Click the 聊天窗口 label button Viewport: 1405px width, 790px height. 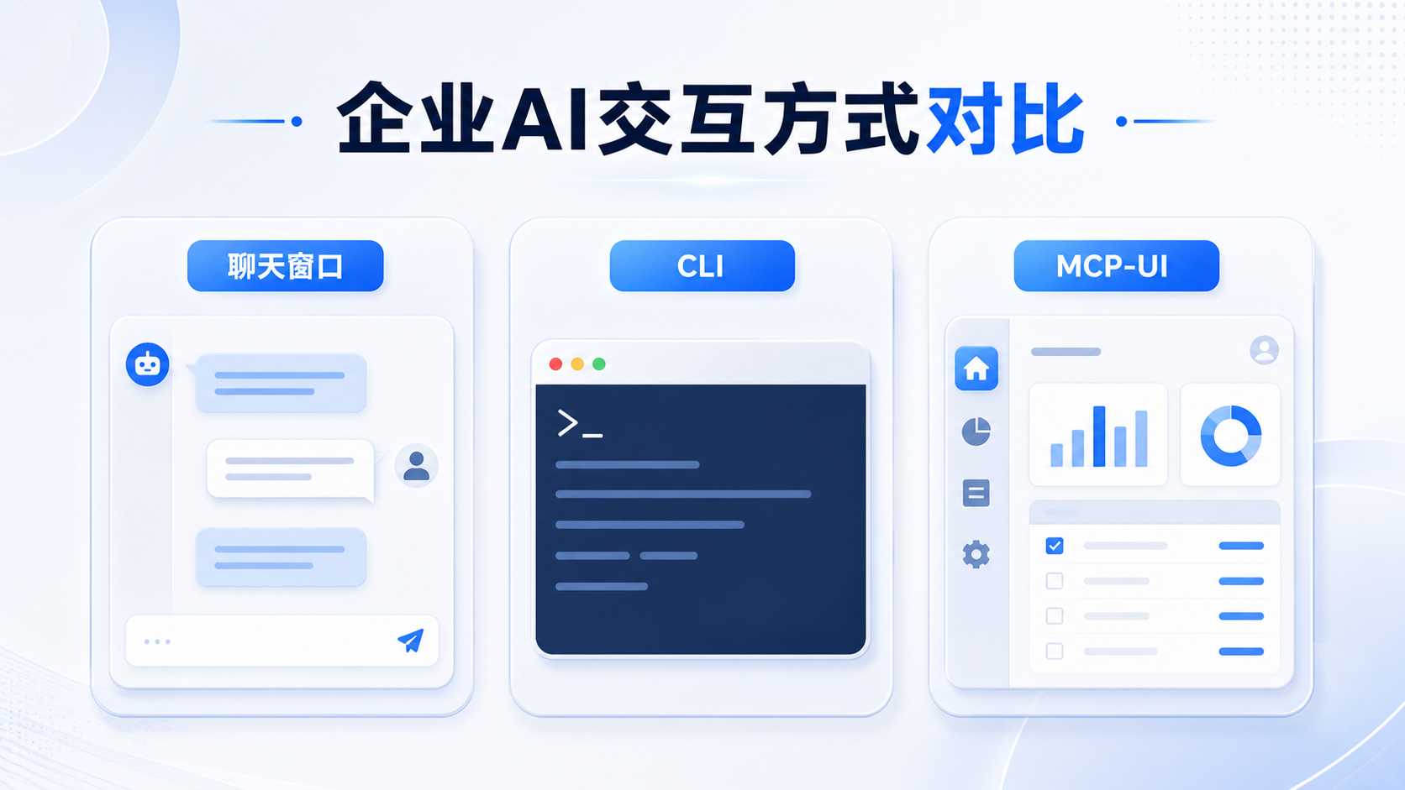pyautogui.click(x=286, y=265)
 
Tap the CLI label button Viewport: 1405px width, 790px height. pyautogui.click(x=702, y=265)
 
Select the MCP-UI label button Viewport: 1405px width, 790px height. pyautogui.click(x=1117, y=265)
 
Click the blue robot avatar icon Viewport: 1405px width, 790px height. pyautogui.click(x=147, y=364)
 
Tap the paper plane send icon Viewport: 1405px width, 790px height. pyautogui.click(x=411, y=641)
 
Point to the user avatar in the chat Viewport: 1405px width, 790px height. pyautogui.click(x=416, y=465)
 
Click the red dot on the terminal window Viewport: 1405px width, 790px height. pyautogui.click(x=555, y=364)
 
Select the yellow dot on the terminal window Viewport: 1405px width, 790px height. pyautogui.click(x=577, y=364)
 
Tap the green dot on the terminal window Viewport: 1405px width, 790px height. pyautogui.click(x=599, y=364)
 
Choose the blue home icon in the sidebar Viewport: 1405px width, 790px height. pyautogui.click(x=976, y=369)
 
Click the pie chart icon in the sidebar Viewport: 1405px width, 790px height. pyautogui.click(x=976, y=432)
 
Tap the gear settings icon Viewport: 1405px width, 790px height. pyautogui.click(x=976, y=554)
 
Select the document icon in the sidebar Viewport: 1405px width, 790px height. pyautogui.click(x=976, y=493)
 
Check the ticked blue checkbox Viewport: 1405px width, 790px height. pyautogui.click(x=1055, y=546)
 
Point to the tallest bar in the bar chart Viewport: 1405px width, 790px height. pyautogui.click(x=1099, y=436)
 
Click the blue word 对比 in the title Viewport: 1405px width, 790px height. pyautogui.click(x=1006, y=119)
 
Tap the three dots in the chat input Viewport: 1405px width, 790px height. pyautogui.click(x=157, y=641)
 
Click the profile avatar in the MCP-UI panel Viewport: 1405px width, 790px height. pyautogui.click(x=1264, y=349)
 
